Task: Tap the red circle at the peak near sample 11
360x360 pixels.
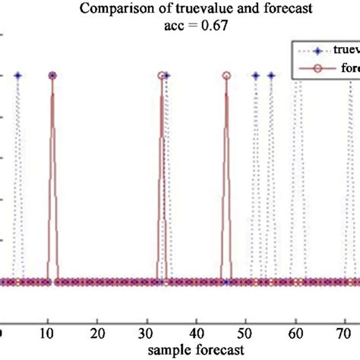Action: coord(52,76)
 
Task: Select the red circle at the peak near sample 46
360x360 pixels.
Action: coord(226,76)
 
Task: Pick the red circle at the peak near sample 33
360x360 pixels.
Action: coord(161,76)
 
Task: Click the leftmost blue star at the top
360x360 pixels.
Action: coord(17,76)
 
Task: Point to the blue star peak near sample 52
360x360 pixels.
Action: coord(256,76)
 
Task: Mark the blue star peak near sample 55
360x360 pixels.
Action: coord(270,76)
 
